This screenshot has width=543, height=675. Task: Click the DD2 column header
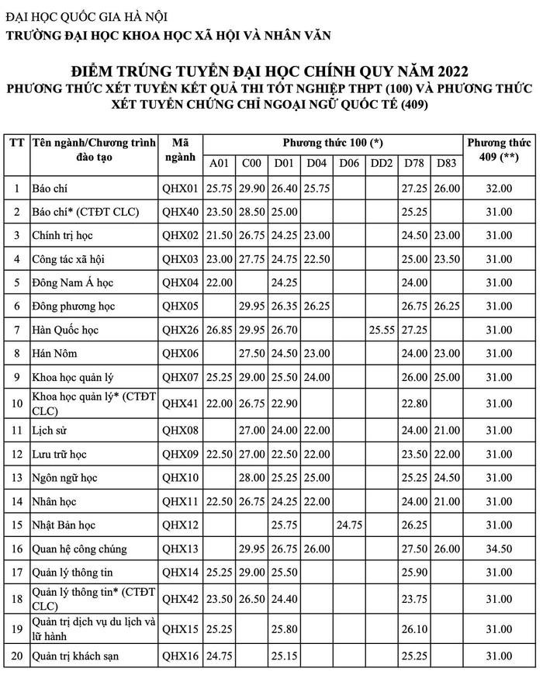381,163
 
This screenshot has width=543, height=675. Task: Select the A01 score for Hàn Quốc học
220,330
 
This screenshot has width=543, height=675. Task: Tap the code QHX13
181,549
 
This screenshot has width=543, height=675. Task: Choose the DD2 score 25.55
381,330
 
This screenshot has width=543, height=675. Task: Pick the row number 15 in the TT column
16,525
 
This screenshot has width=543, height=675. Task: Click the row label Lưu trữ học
59,454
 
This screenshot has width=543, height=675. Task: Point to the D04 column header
316,163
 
